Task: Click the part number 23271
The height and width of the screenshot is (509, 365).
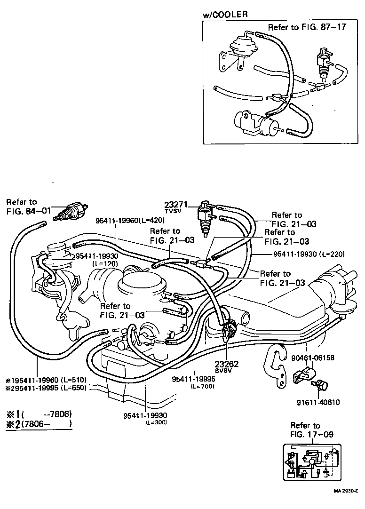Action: [176, 205]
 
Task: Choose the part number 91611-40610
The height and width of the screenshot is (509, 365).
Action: [318, 402]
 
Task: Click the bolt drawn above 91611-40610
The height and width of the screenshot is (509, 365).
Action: [321, 385]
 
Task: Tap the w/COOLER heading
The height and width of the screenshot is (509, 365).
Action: [225, 15]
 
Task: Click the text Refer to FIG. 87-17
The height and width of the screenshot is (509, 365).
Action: [307, 27]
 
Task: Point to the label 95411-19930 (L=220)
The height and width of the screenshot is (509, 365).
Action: [309, 254]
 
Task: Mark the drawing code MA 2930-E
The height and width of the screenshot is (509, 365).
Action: [346, 491]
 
